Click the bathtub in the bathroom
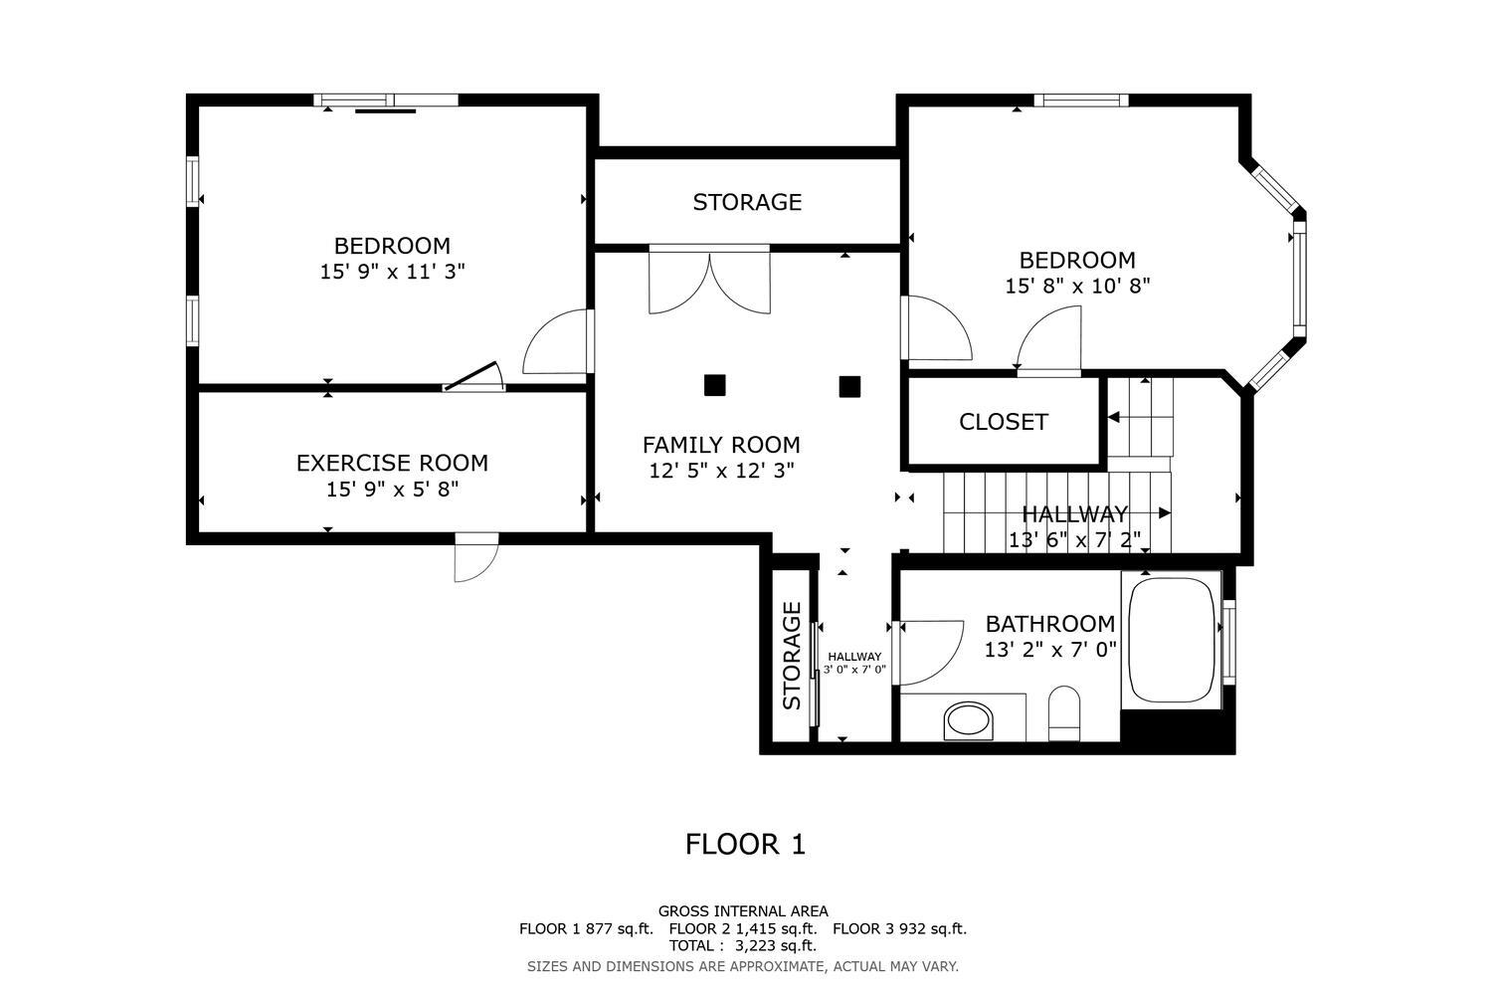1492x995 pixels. coord(1172,640)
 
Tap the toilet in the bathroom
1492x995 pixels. coord(1063,713)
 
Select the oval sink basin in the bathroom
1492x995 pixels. coord(969,720)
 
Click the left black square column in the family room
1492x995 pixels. coord(715,385)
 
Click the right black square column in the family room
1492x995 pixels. coord(849,386)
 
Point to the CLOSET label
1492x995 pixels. coord(1003,422)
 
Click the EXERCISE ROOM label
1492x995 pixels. coord(392,464)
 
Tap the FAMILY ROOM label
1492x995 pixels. coord(721,445)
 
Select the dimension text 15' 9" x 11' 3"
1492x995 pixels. coord(392,272)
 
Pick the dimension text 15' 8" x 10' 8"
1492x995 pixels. coord(1077,286)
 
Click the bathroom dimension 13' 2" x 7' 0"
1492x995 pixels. coord(1050,649)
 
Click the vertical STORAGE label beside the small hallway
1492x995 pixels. coord(792,656)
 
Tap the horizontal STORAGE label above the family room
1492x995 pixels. coord(747,202)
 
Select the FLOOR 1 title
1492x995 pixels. coord(745,845)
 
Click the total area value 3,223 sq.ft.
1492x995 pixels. coord(776,945)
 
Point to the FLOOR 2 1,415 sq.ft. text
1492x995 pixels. coord(743,928)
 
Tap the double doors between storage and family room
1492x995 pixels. coord(709,280)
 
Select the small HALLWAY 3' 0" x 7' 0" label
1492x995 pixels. coord(854,663)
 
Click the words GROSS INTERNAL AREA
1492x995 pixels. coord(743,911)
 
